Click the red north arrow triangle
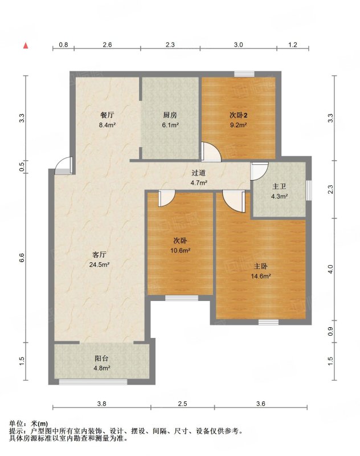coord(26,46)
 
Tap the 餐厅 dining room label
coord(107,115)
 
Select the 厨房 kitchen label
coord(170,115)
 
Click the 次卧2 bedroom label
coord(238,115)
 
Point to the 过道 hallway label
coord(199,173)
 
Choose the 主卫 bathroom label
coord(279,186)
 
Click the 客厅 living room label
coord(99,255)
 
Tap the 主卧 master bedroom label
coord(261,266)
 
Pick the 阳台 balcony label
coord(101,359)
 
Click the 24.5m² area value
coord(99,264)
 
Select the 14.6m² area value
coord(261,276)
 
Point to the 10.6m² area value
coord(180,250)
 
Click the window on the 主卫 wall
coord(309,190)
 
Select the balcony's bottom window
coord(93,382)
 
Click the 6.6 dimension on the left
coord(22,258)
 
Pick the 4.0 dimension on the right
coord(330,268)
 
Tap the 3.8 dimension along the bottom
coord(102,404)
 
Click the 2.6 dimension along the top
coord(107,44)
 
